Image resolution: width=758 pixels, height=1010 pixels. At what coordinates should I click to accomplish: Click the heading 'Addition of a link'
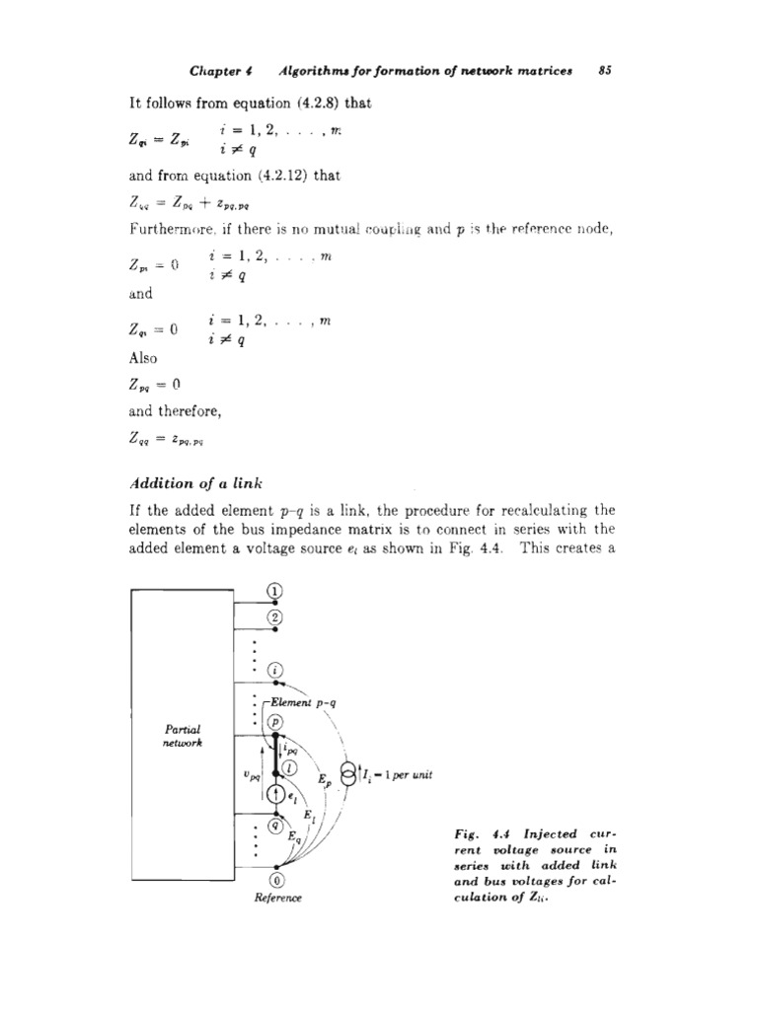point(188,483)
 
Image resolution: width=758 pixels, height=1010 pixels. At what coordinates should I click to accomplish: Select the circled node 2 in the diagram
point(275,618)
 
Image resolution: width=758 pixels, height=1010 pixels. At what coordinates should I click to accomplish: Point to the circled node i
point(275,671)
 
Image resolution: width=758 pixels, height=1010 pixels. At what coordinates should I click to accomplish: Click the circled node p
point(275,722)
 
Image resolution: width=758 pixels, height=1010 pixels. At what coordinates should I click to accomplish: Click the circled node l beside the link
point(288,768)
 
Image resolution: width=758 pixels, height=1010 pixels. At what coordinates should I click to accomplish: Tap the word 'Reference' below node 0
point(277,899)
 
